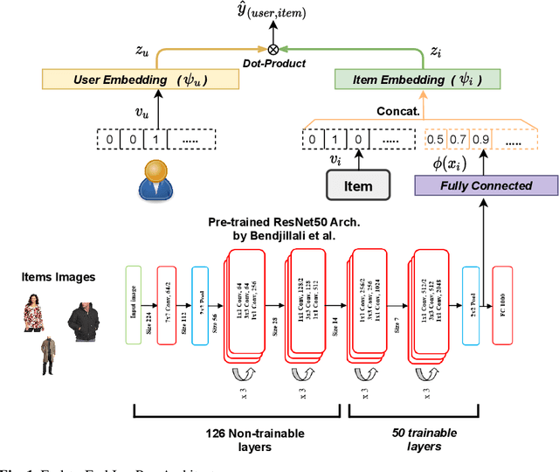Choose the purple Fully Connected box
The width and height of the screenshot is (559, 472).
[x=487, y=184]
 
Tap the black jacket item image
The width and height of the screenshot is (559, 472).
[x=83, y=316]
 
